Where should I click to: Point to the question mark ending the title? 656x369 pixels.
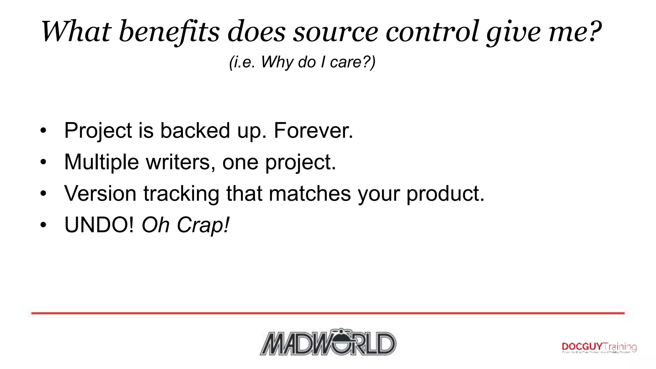(594, 31)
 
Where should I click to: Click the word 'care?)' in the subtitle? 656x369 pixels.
(353, 62)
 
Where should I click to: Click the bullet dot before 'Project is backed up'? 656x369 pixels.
(43, 131)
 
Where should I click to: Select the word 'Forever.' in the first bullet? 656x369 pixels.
(313, 131)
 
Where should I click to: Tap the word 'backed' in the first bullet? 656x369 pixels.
(195, 131)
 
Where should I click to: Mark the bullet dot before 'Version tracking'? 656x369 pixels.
(43, 193)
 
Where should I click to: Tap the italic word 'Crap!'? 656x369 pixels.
(203, 225)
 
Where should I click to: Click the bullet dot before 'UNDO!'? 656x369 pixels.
(43, 225)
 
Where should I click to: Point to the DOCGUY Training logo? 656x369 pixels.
(599, 347)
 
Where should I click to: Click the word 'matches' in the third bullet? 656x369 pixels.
(309, 193)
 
